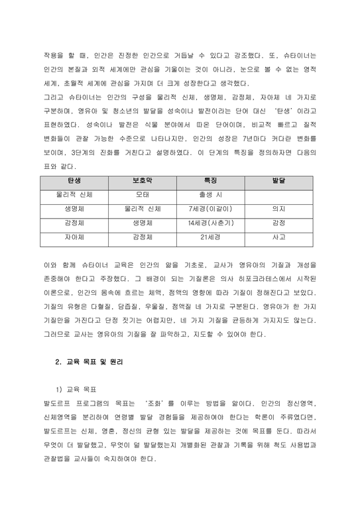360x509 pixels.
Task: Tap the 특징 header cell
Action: [x=210, y=181]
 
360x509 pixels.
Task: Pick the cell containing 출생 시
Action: [x=210, y=195]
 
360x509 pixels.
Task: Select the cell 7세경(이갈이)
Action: [x=210, y=209]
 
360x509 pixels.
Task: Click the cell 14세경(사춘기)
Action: [x=210, y=223]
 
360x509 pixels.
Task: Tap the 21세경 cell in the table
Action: [x=210, y=236]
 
